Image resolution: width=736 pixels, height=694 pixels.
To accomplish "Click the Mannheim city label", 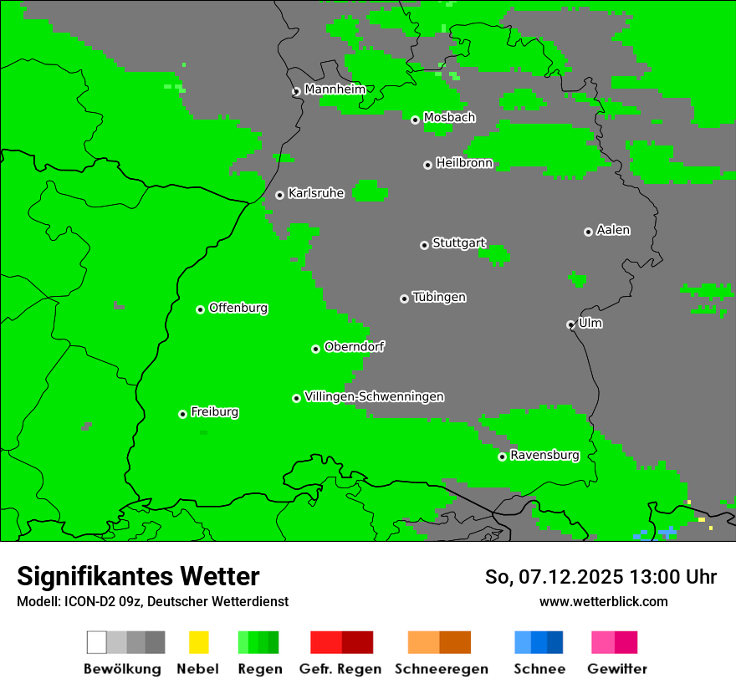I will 335,89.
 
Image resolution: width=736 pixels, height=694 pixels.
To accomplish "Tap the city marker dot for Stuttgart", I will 424,245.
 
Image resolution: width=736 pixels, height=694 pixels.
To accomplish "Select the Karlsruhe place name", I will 316,193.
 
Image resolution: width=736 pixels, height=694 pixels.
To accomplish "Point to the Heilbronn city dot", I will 427,165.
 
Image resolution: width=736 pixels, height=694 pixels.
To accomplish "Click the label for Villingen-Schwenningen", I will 374,396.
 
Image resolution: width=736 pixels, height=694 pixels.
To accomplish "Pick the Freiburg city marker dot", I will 182,414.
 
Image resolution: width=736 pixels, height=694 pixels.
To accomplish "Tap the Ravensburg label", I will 544,455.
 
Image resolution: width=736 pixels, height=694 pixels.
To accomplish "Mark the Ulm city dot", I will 570,324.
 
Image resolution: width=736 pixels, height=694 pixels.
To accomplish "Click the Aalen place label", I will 613,230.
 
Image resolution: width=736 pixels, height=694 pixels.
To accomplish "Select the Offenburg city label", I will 238,308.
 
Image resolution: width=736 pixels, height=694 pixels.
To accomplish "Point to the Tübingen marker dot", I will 404,299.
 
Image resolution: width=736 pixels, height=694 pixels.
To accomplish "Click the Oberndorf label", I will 355,347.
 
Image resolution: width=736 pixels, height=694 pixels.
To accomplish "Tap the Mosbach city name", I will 449,118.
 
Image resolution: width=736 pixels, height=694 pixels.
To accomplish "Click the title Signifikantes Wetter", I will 138,576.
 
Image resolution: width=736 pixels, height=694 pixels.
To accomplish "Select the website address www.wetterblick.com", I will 603,601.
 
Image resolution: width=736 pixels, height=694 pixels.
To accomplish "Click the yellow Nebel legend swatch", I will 198,642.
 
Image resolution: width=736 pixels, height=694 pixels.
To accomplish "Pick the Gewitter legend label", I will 617,669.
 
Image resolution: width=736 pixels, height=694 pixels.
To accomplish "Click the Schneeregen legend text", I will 441,669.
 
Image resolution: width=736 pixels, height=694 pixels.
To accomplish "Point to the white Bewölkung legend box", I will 97,642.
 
